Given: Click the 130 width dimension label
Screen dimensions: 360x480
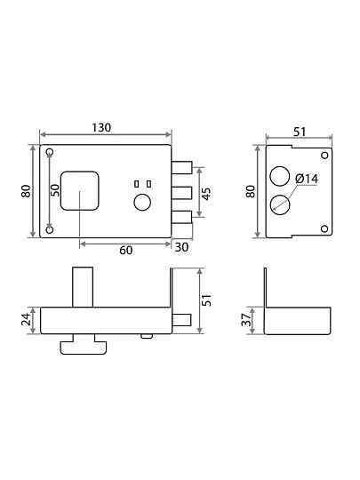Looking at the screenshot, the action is point(101,128).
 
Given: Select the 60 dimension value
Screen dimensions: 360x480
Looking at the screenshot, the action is point(126,250).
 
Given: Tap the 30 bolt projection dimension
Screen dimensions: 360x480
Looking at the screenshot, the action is point(181,247).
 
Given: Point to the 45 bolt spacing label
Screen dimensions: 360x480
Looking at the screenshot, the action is point(207,194).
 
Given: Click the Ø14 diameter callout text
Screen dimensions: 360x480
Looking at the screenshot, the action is point(307,179).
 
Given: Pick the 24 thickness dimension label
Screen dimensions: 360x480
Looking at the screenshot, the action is point(27,319).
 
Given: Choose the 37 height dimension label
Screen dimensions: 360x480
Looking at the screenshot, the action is point(247,320).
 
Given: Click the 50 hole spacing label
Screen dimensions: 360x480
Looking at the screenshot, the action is point(55,190).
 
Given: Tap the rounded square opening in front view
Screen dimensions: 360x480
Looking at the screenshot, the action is point(80,191).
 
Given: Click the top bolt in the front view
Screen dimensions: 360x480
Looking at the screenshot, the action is point(182,167).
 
